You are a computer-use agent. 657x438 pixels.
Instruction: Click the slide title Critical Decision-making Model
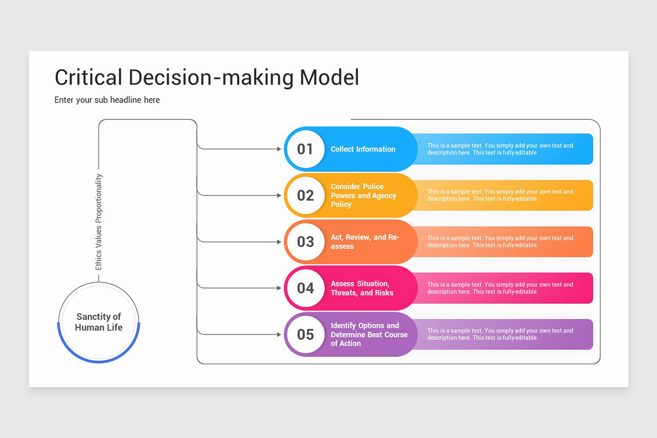[207, 77]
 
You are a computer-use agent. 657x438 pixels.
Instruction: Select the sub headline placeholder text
[107, 100]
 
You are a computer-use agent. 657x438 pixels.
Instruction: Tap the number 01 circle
[306, 149]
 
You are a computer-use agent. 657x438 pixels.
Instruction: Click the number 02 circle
[306, 195]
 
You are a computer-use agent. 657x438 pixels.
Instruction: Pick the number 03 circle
[306, 242]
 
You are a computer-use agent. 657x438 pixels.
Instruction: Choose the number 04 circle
[306, 288]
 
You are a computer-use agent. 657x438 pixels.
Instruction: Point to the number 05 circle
[306, 335]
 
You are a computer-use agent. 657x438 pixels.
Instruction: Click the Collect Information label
[363, 149]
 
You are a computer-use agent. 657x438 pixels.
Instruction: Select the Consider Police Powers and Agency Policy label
[364, 195]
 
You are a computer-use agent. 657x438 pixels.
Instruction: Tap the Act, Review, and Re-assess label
[365, 242]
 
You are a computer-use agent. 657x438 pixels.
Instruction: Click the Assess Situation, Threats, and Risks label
[362, 288]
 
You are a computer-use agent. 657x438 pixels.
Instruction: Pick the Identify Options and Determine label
[369, 335]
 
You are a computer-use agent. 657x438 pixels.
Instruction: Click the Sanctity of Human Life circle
[99, 322]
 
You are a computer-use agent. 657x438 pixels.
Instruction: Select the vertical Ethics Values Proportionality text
[99, 222]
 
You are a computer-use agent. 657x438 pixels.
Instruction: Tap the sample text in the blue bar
[500, 149]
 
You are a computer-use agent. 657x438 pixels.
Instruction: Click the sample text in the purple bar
[500, 335]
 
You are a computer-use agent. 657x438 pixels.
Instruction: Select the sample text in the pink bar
[500, 288]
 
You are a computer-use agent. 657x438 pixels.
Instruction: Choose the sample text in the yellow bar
[500, 195]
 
